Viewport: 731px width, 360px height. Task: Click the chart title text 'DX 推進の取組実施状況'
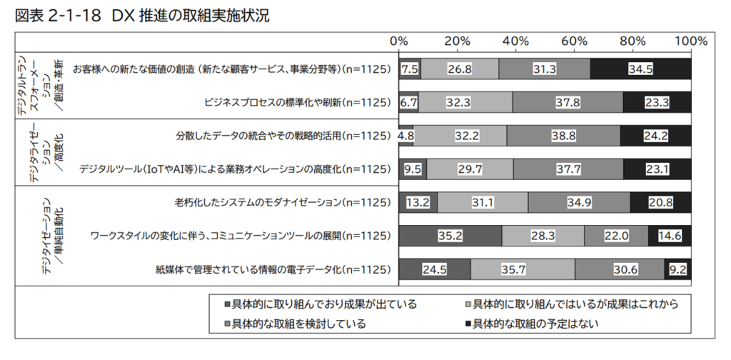191,16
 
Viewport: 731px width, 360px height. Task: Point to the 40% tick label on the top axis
515,41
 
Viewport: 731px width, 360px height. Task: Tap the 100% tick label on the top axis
690,41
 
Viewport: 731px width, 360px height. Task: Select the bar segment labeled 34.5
640,69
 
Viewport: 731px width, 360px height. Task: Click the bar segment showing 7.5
410,69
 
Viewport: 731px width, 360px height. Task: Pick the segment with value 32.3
465,102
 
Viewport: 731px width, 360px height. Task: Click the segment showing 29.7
470,169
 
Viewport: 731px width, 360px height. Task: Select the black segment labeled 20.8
661,203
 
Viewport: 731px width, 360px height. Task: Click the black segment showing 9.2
678,270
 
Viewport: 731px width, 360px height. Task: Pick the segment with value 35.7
523,270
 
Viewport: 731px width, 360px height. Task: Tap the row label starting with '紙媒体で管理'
273,270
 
